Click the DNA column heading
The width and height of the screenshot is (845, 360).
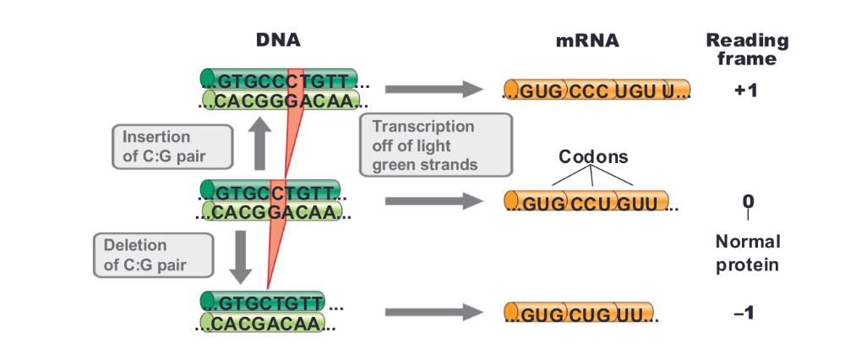tap(278, 40)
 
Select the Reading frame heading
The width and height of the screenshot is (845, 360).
tap(747, 49)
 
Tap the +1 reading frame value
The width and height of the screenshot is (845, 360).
tap(746, 90)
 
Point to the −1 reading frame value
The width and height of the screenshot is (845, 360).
tap(744, 313)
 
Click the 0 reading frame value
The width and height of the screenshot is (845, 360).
tap(748, 201)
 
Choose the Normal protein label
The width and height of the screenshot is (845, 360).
tap(747, 253)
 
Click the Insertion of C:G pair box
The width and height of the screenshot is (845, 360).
tap(172, 146)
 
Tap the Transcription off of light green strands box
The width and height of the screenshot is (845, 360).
tap(436, 145)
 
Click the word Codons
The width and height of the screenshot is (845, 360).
tap(593, 157)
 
